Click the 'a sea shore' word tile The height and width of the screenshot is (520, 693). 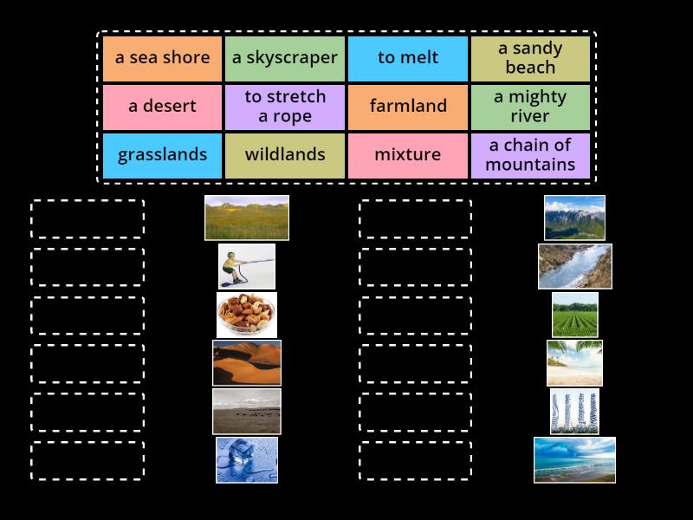(163, 58)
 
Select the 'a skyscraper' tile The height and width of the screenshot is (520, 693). (285, 58)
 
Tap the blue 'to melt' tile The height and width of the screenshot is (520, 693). (408, 58)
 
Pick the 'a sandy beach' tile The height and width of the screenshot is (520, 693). (530, 58)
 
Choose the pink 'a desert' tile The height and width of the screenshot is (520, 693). (163, 107)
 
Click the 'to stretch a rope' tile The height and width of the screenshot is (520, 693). (285, 107)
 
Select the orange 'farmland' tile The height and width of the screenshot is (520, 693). (408, 107)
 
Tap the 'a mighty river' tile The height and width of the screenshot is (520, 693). (530, 107)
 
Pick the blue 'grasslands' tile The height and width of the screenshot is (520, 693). (163, 155)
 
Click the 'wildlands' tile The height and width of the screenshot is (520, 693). (285, 155)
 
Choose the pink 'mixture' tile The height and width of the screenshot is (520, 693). (408, 155)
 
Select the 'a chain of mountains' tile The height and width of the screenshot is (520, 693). (530, 155)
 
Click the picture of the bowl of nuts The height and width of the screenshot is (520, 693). (247, 315)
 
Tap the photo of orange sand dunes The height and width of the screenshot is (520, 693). (247, 362)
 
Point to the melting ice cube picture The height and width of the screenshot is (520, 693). (247, 459)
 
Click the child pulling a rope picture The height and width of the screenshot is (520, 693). (247, 266)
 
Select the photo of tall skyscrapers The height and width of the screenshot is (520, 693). (574, 412)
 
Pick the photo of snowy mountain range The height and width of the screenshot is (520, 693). (574, 218)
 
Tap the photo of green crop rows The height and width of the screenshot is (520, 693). (574, 315)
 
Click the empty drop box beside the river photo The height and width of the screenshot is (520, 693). (416, 267)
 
